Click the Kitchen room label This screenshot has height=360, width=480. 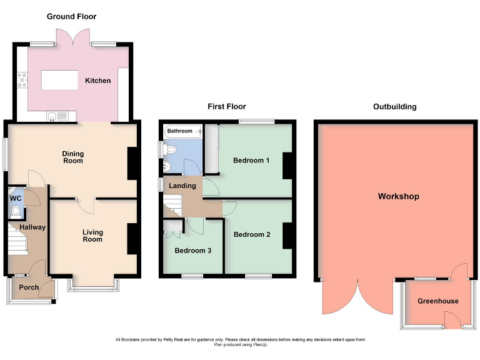(98, 81)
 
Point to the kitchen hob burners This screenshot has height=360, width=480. (23, 79)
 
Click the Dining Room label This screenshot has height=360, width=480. (72, 157)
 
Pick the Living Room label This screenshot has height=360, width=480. (92, 236)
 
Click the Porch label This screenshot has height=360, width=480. (29, 287)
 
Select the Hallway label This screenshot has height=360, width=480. (32, 227)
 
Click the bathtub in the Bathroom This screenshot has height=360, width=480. (182, 131)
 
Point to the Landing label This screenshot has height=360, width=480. (182, 186)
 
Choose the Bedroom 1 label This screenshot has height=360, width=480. (251, 161)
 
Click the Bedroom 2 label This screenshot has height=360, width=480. (252, 234)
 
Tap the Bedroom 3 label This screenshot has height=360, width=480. (193, 251)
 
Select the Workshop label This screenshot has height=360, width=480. (398, 196)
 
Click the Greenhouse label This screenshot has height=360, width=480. (438, 301)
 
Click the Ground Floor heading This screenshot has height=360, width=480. (72, 16)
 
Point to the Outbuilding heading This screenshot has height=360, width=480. (394, 107)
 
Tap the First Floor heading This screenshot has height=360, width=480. (227, 107)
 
